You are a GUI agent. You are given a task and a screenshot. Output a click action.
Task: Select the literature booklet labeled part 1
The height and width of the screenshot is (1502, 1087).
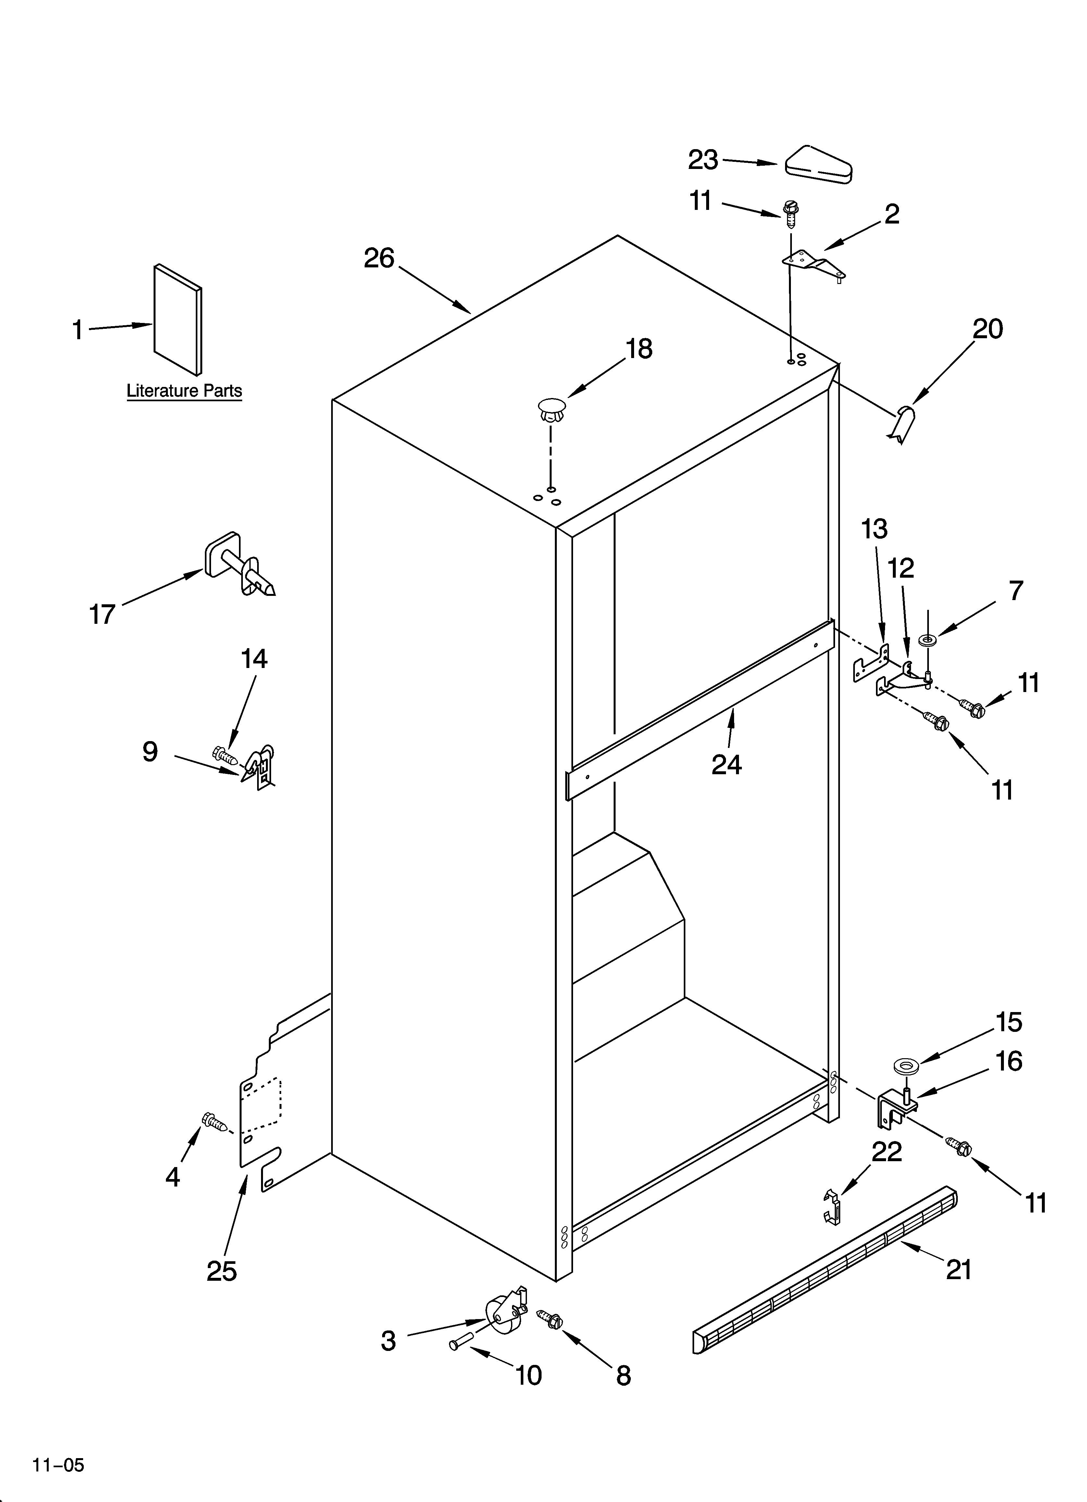[177, 320]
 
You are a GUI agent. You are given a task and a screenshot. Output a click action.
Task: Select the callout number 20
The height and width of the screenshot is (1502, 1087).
[987, 329]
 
